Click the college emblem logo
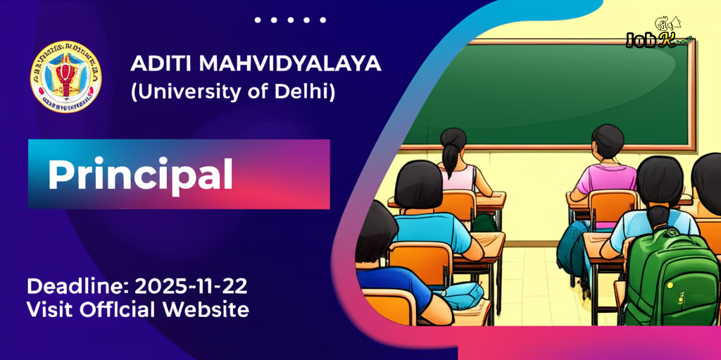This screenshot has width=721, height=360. pos(65,77)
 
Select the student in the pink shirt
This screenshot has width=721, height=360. pos(605,176)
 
